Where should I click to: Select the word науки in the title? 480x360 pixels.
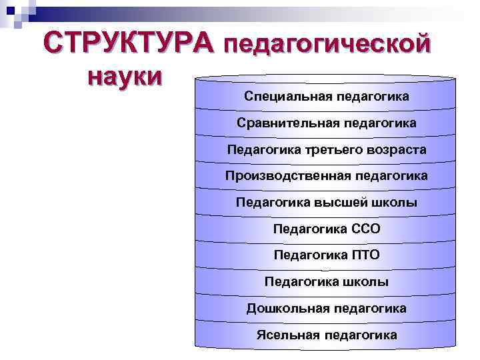[x=124, y=76]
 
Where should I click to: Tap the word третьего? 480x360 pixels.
[x=334, y=150]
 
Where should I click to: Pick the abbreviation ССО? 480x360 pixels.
[x=365, y=229]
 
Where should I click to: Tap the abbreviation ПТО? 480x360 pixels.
[x=364, y=255]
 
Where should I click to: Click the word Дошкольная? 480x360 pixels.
[x=287, y=309]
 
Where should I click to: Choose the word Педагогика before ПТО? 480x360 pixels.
[x=309, y=255]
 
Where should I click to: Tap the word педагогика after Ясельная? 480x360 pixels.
[x=361, y=335]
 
